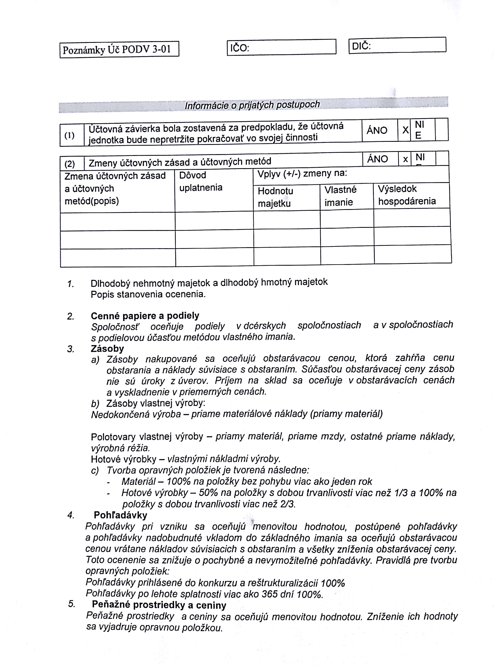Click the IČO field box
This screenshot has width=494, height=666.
[x=281, y=47]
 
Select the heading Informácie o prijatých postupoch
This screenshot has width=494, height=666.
[x=252, y=105]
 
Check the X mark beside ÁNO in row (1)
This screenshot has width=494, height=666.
[x=405, y=130]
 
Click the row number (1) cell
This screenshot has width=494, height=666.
[x=69, y=135]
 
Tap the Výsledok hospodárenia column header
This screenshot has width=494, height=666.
[x=407, y=195]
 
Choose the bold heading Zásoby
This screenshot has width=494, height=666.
[x=107, y=349]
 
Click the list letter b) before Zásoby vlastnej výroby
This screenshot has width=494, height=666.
[x=95, y=404]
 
